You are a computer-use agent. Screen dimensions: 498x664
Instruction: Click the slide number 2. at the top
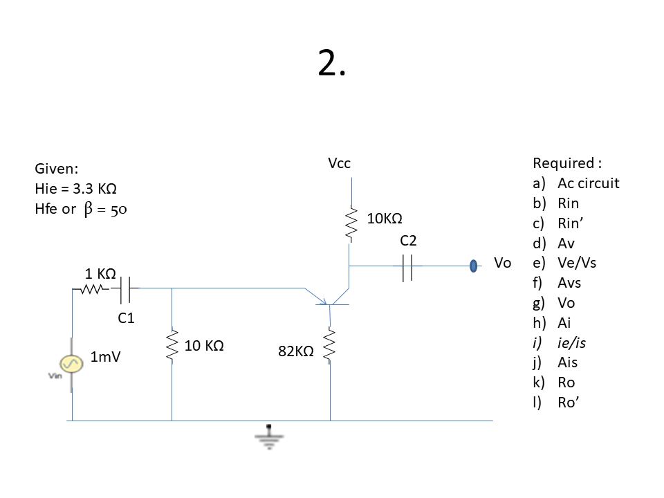coord(331,64)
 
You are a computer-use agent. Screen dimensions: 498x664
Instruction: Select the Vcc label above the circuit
coord(339,164)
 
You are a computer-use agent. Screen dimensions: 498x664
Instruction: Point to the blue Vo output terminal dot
coord(474,265)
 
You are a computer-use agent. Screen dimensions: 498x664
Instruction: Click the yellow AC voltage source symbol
coord(71,363)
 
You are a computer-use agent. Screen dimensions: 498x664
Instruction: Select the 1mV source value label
coord(105,358)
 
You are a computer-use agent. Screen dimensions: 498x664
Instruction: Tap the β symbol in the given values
coord(88,209)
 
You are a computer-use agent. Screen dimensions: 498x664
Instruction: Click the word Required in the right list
coord(563,164)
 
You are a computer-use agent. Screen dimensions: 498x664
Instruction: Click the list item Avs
coord(569,283)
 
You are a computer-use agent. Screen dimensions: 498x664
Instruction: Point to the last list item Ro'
coord(567,403)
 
